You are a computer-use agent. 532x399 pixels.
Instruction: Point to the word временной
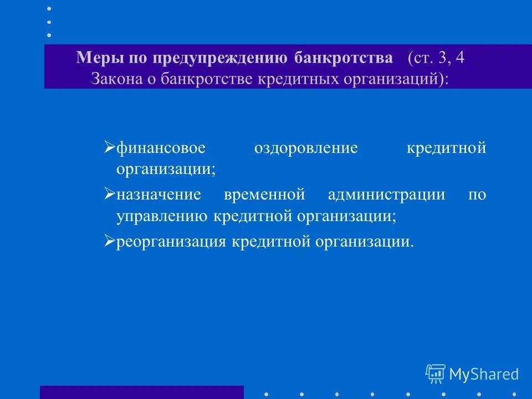pos(265,195)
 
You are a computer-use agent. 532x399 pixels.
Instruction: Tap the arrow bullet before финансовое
pos(109,148)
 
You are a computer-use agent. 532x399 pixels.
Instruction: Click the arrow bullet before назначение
pos(109,195)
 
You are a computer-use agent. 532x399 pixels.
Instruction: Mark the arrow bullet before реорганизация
pos(109,242)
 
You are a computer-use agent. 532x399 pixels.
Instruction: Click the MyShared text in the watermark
pos(484,374)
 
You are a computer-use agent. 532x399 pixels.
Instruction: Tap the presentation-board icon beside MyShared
pos(436,374)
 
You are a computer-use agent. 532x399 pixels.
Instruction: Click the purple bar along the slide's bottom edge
pos(141,392)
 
